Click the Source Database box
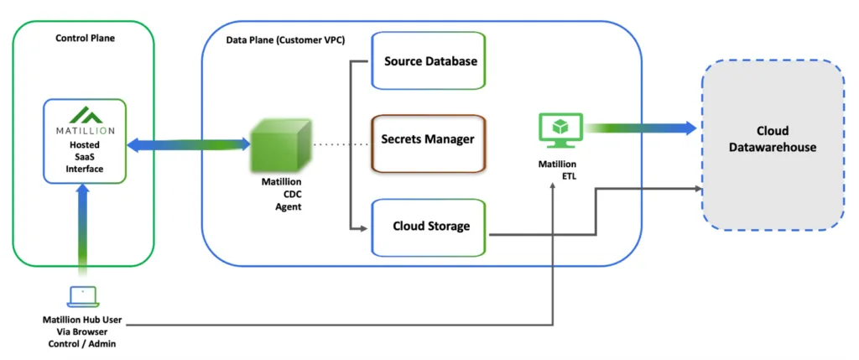click(x=429, y=61)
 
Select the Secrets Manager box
click(x=429, y=139)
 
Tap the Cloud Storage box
click(x=429, y=227)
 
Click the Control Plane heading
click(x=85, y=38)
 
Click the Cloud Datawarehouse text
click(x=772, y=139)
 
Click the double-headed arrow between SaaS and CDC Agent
click(x=190, y=144)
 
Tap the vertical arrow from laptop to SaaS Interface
click(x=83, y=232)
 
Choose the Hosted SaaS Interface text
click(x=85, y=156)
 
